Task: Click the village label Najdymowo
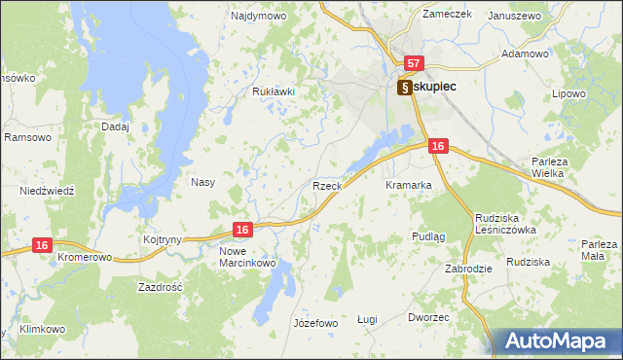point(255,17)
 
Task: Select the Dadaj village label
point(115,126)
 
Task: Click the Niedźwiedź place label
point(47,191)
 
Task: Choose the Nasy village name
point(202,182)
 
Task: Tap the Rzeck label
point(326,185)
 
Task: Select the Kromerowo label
point(85,258)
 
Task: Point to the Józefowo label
point(314,323)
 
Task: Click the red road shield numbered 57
point(414,64)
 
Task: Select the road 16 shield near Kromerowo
point(41,246)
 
